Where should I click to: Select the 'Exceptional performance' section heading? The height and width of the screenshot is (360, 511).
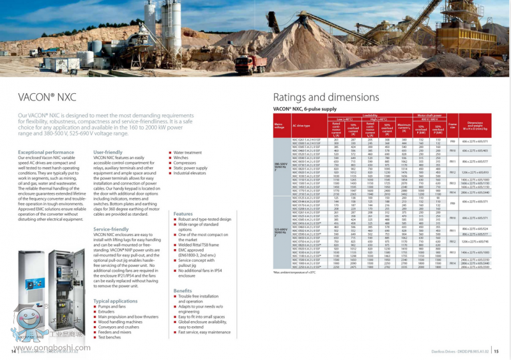(46, 153)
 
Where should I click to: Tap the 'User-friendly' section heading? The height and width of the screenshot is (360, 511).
(107, 153)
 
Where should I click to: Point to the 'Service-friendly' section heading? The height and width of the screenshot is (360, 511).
(111, 229)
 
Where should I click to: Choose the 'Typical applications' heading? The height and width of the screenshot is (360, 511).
(115, 301)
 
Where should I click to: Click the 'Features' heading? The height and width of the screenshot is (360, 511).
(183, 214)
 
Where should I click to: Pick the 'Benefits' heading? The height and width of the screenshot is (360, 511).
(183, 290)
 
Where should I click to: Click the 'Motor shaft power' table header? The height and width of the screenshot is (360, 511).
(429, 115)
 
